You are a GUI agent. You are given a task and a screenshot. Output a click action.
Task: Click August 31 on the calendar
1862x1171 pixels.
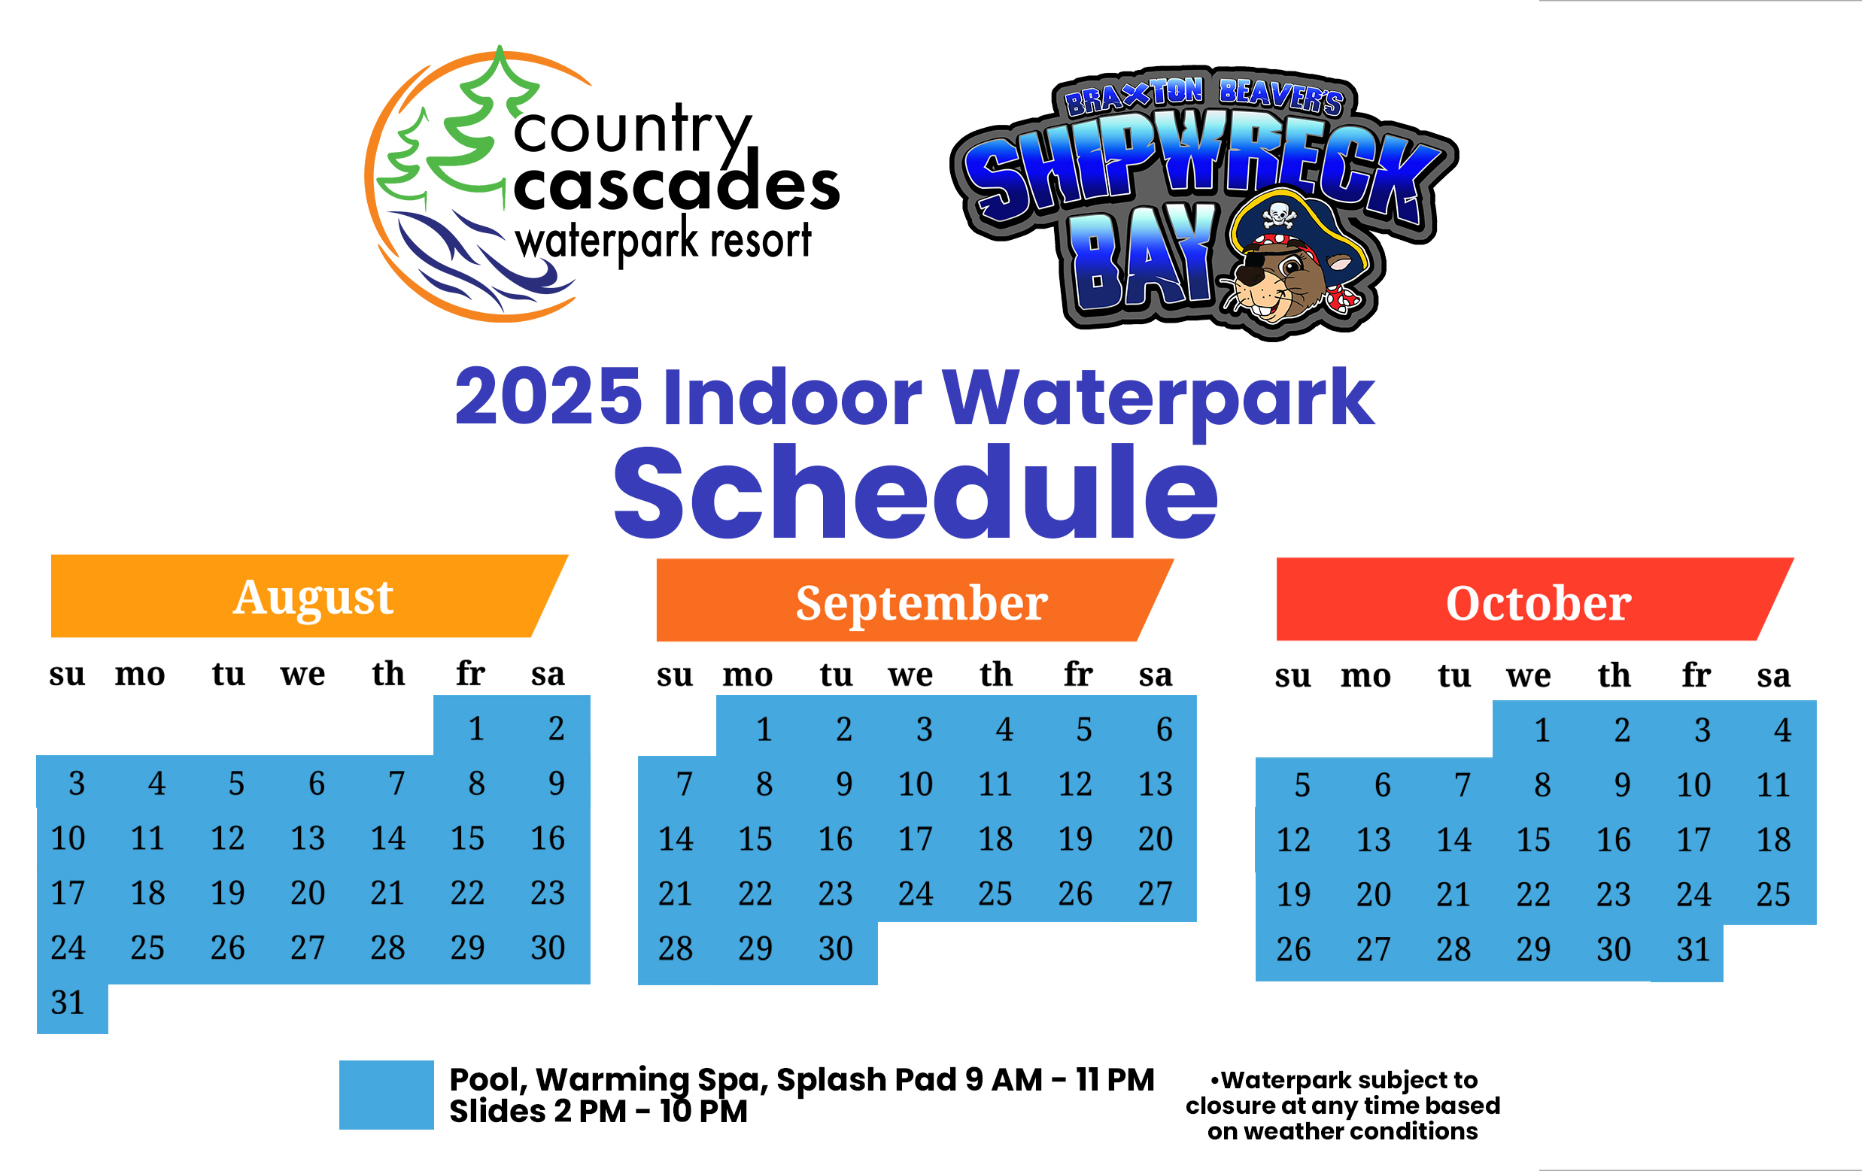(67, 1003)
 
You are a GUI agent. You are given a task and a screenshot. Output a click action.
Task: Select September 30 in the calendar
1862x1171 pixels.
(835, 948)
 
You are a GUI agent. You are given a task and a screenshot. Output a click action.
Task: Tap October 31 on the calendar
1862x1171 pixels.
(1693, 949)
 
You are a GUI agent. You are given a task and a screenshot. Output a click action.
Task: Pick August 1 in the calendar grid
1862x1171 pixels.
(476, 728)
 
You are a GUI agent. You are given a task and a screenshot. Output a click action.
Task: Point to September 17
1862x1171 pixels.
(916, 839)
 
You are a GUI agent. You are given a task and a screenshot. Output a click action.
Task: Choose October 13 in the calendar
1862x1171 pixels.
(1373, 839)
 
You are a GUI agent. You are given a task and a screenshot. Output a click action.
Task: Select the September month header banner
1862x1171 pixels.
(915, 600)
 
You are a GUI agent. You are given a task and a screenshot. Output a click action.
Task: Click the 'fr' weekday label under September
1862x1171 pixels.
(1078, 674)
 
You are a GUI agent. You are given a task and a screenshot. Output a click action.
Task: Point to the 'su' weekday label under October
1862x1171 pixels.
(1292, 675)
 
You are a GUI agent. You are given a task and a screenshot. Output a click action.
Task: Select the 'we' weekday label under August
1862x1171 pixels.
(303, 675)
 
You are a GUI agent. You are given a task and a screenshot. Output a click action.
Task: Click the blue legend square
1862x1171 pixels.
(386, 1094)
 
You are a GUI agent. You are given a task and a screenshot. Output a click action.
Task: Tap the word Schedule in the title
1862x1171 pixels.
(916, 493)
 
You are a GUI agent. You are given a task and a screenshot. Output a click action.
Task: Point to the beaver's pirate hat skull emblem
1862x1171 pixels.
(1278, 214)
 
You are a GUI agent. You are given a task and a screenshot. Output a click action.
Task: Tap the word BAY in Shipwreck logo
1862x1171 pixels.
(1143, 256)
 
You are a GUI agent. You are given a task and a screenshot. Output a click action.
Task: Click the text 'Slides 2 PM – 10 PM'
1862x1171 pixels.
(599, 1112)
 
